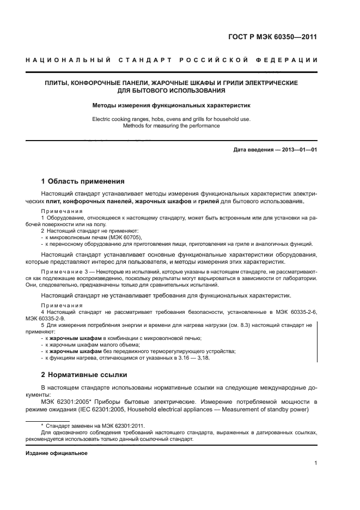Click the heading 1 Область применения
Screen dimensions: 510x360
83,181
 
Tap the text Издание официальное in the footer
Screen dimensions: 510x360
57,453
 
